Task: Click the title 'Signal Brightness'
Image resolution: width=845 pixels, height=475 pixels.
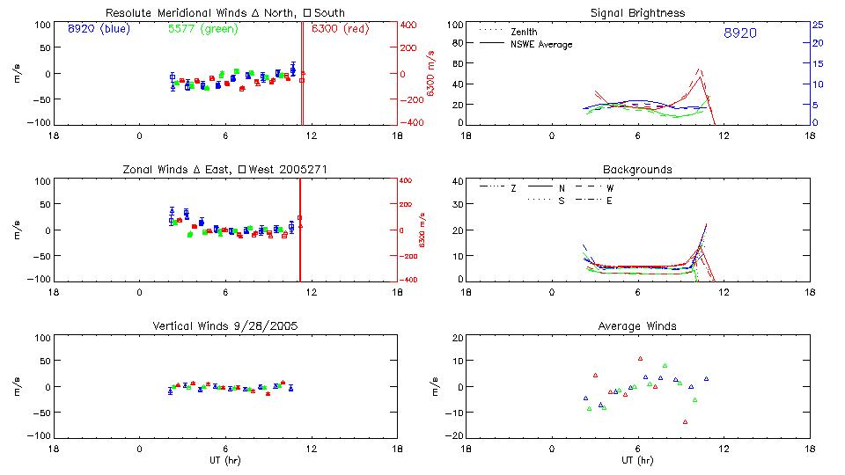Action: click(x=638, y=13)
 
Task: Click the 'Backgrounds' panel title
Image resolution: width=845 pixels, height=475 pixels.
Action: click(x=638, y=169)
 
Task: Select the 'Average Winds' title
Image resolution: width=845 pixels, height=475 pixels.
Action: click(x=638, y=326)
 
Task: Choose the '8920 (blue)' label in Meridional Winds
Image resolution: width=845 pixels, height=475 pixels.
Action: click(x=98, y=29)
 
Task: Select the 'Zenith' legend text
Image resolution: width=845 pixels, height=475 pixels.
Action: click(x=525, y=32)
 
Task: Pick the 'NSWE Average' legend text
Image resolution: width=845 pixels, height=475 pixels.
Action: click(x=541, y=44)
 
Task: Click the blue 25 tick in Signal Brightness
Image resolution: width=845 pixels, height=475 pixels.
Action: click(x=818, y=25)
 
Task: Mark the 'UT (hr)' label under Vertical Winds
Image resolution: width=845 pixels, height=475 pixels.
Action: click(x=225, y=460)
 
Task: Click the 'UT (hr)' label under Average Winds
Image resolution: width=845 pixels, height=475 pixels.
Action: click(x=638, y=460)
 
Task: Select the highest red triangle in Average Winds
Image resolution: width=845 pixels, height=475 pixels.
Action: click(x=641, y=359)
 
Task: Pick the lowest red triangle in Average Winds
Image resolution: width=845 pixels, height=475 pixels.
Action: click(x=685, y=422)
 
